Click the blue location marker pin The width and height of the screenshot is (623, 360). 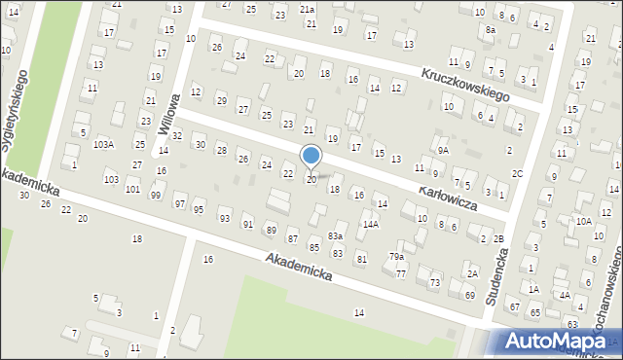(311, 157)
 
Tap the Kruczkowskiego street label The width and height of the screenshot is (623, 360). (466, 86)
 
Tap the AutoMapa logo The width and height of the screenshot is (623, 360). (555, 342)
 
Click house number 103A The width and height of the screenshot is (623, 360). (103, 144)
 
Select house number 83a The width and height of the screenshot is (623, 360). (335, 235)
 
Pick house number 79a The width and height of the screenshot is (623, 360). (397, 257)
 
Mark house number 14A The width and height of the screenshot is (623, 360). (370, 224)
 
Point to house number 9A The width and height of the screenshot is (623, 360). (443, 150)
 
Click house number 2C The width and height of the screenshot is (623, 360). (518, 174)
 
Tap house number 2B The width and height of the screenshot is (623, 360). (498, 239)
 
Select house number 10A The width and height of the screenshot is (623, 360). (583, 221)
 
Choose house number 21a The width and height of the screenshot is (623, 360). (308, 9)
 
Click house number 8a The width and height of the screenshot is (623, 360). (492, 30)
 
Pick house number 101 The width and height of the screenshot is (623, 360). (132, 188)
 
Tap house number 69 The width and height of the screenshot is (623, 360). (470, 295)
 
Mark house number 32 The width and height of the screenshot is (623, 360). (177, 136)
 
